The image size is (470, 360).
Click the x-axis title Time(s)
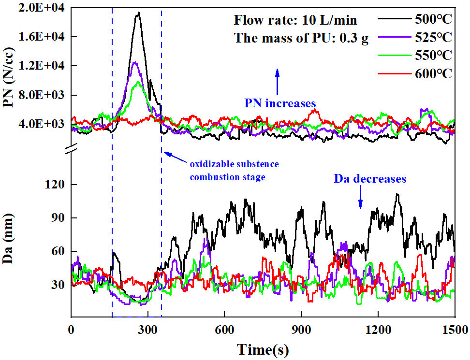[x=263, y=349]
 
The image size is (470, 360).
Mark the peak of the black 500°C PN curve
[x=139, y=13]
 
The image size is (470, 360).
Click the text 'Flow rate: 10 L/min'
[x=295, y=20]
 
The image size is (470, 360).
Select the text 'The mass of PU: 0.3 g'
[x=301, y=38]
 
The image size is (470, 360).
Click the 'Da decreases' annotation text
[x=370, y=178]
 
